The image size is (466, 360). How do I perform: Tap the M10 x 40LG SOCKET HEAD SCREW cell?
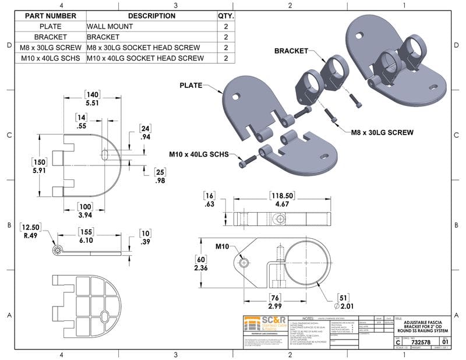click(145, 58)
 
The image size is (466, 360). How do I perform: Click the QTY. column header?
click(225, 16)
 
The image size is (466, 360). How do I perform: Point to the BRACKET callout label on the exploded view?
click(291, 51)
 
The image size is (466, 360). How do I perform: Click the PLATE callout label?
click(191, 85)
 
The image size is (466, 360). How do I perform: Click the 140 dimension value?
click(91, 94)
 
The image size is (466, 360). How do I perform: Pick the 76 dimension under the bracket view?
click(275, 297)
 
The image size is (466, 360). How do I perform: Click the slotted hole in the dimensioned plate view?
click(104, 154)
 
